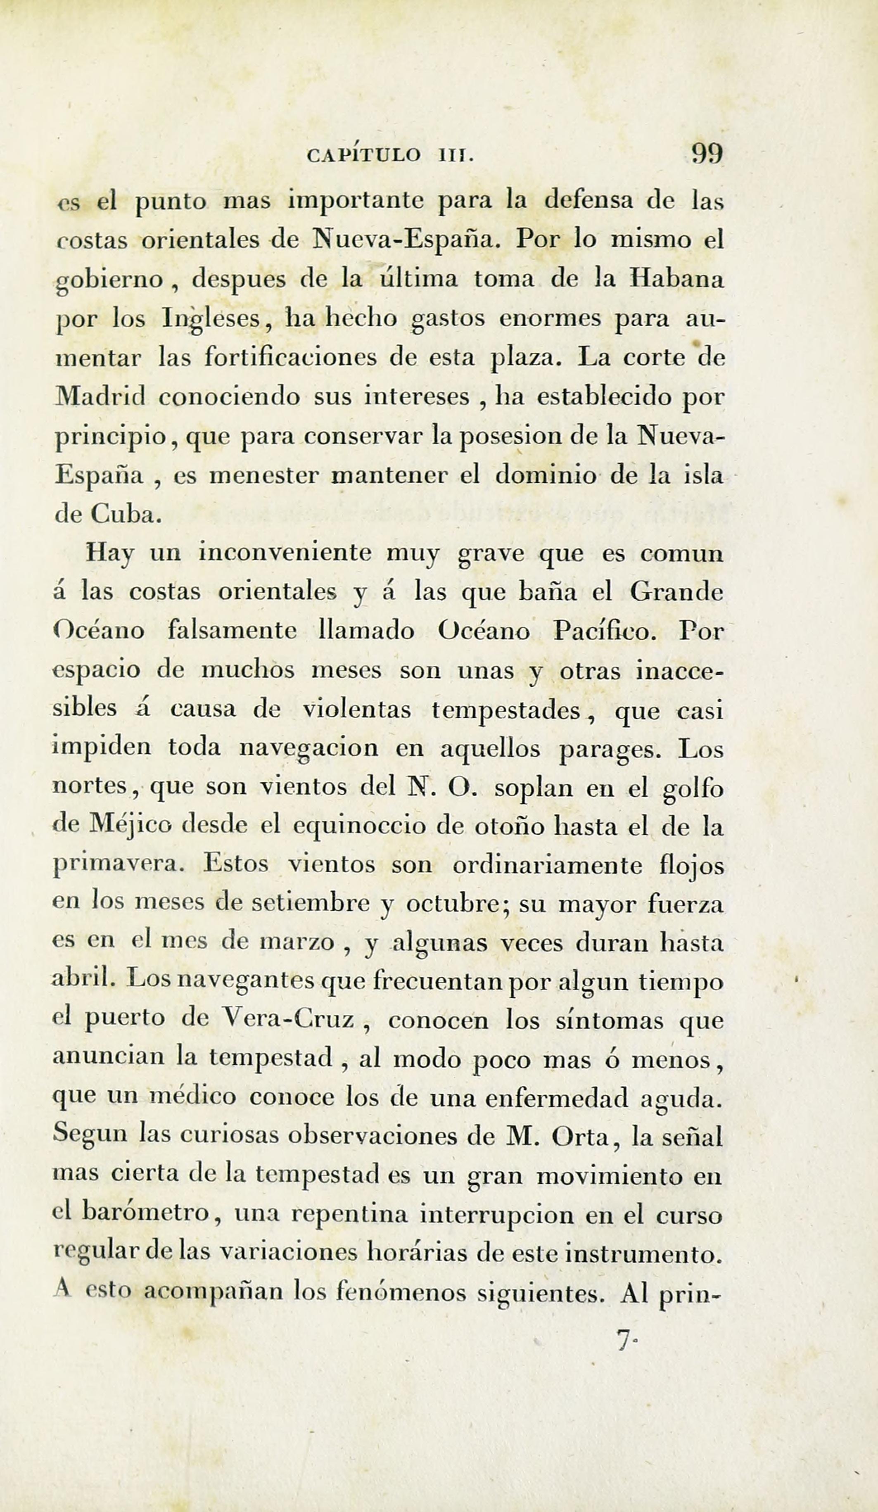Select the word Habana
click(x=676, y=280)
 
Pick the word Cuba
click(x=126, y=515)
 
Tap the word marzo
click(x=297, y=943)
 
